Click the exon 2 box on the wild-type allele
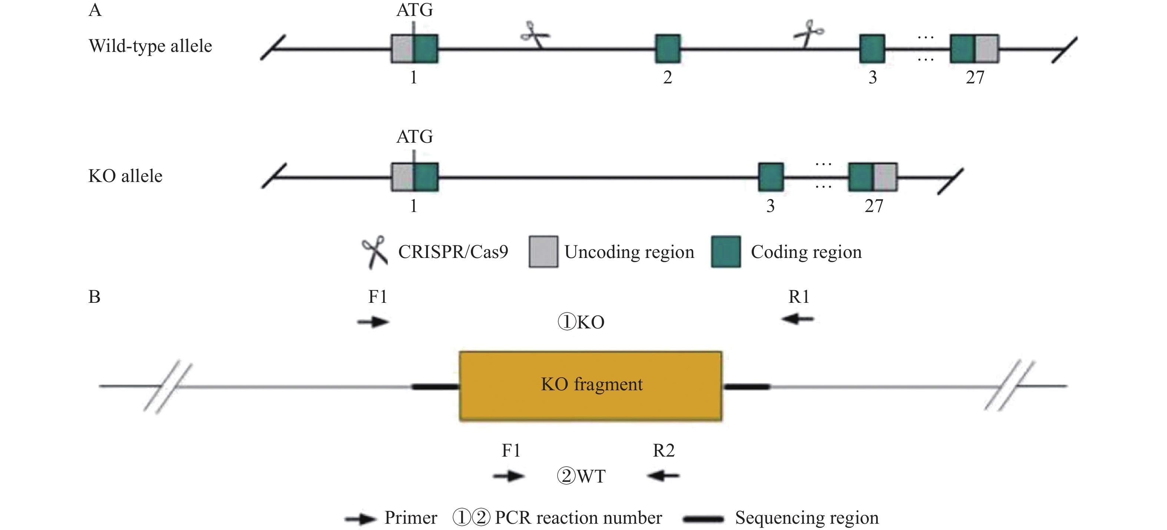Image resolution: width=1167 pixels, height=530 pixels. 668,49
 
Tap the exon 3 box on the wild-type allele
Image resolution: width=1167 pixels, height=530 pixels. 872,49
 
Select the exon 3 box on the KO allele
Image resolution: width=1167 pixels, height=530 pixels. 771,177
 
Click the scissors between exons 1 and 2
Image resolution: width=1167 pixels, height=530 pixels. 535,34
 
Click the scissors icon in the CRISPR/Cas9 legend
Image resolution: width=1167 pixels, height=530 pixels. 375,252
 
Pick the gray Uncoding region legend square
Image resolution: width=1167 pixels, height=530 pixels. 543,252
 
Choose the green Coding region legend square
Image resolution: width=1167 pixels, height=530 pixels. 726,252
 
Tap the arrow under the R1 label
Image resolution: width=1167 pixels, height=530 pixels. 798,319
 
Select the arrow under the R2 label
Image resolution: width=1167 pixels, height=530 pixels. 663,476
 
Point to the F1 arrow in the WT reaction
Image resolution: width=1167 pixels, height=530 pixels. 509,476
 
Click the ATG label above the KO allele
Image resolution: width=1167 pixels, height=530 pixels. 415,136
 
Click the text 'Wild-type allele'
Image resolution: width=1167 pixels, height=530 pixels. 150,46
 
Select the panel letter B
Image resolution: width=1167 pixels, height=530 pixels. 94,297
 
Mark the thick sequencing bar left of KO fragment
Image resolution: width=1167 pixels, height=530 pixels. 435,387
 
